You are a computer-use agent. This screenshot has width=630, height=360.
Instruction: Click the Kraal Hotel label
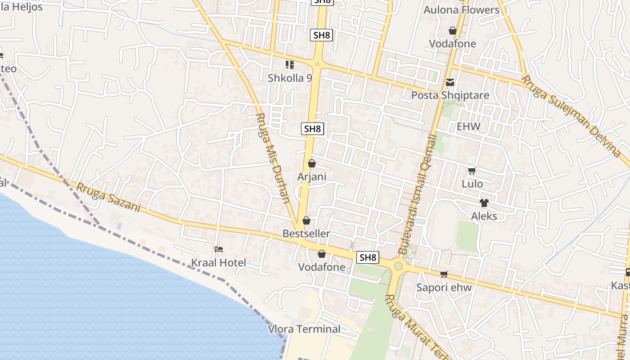coord(219,263)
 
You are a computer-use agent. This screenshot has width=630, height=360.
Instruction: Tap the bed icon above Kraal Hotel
coord(219,249)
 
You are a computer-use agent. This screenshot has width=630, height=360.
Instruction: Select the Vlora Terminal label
coord(304,329)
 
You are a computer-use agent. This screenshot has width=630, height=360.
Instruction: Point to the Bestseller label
coord(306,234)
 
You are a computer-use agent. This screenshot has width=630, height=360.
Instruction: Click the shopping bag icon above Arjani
coord(311,164)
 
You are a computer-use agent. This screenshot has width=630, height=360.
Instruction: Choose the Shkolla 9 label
coord(290,78)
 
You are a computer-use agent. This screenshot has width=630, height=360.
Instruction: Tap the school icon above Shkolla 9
coord(290,65)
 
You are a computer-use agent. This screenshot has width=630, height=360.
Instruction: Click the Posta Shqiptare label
coord(450,95)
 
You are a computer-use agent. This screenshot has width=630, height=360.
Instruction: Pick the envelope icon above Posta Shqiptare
coord(450,82)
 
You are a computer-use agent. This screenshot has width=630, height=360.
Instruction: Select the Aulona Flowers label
coord(461,10)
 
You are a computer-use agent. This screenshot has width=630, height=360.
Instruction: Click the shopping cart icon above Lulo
coord(472,171)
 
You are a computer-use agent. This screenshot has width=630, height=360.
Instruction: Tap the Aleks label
coord(484,216)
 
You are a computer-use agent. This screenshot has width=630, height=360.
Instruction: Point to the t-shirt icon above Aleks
coord(484,203)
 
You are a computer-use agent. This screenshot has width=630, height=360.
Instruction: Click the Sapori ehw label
coord(444,288)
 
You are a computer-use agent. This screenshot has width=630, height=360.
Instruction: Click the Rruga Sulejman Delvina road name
coord(571,116)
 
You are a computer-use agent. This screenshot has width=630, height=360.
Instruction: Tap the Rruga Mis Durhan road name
coord(273,157)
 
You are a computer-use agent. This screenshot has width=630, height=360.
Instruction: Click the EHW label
coord(468,126)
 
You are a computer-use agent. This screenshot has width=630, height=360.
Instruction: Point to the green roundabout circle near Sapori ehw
coord(398,266)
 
